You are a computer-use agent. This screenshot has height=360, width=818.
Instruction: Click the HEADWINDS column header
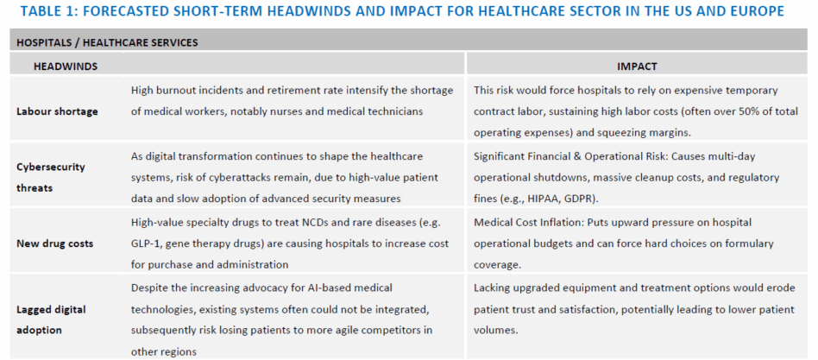tap(66, 66)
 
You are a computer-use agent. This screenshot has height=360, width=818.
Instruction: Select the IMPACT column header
tap(637, 66)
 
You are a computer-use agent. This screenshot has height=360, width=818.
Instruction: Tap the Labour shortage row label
tap(57, 111)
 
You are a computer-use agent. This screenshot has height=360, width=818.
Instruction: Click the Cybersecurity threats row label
tap(51, 177)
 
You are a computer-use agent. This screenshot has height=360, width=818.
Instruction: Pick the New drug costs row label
tap(54, 243)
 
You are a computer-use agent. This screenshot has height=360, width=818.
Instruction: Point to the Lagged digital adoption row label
tap(51, 319)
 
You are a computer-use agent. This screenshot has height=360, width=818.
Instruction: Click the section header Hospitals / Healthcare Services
tap(108, 43)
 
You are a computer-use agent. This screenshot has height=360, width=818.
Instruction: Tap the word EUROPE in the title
tap(756, 11)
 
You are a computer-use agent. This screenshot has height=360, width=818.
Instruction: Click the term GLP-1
tap(146, 243)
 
